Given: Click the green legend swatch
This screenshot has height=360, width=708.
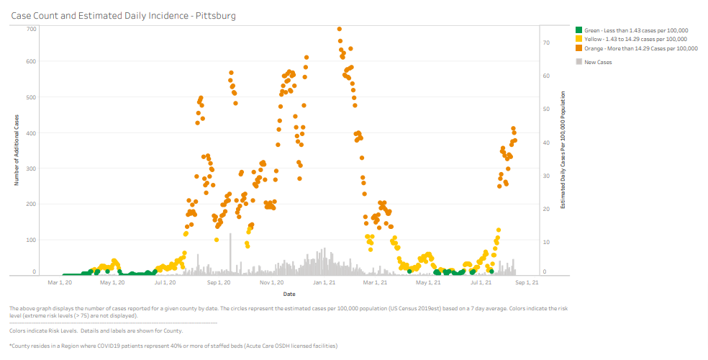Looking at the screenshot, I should (x=578, y=30).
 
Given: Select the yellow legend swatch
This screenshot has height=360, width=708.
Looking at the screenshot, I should (x=578, y=39).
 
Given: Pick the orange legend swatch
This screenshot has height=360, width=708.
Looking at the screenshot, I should (x=578, y=48).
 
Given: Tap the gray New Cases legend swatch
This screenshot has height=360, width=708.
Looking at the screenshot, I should (x=578, y=62).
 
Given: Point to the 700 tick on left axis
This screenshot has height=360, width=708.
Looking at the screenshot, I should (x=32, y=29).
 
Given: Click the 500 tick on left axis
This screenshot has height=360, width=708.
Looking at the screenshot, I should (x=32, y=97).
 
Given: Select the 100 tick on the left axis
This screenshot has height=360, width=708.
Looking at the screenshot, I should (x=32, y=240).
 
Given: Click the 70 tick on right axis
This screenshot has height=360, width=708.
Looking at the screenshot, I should (x=545, y=43).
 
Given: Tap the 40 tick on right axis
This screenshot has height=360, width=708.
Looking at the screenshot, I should (x=545, y=143).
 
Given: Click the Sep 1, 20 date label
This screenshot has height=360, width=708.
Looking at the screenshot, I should (x=219, y=283).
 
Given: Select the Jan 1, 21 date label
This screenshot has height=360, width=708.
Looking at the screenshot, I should (x=324, y=283).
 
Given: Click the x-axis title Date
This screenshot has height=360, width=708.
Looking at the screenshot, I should (x=289, y=294).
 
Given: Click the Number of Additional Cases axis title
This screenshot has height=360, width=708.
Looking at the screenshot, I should (x=16, y=150).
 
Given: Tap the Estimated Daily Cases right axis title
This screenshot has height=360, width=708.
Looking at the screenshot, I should (x=563, y=150).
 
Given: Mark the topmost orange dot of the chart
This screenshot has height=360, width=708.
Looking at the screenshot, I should (x=340, y=29).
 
